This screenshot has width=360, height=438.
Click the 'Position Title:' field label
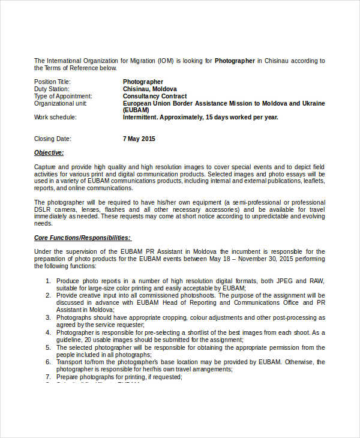click(x=52, y=82)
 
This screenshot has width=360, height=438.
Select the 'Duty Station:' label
click(x=51, y=89)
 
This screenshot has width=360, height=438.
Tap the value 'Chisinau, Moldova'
click(x=150, y=89)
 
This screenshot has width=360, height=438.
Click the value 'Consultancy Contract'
click(x=155, y=96)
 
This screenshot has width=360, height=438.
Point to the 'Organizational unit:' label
click(x=61, y=103)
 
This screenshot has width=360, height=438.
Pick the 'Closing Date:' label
click(x=53, y=139)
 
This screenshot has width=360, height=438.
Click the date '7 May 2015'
click(x=139, y=139)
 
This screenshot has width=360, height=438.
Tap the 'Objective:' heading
click(x=49, y=153)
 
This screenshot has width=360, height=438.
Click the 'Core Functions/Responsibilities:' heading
click(x=82, y=238)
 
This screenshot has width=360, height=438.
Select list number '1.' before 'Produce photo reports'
click(x=48, y=280)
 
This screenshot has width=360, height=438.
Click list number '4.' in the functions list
click(x=48, y=332)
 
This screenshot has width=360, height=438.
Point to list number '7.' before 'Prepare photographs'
click(x=48, y=377)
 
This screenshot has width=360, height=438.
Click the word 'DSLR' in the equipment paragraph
click(x=43, y=210)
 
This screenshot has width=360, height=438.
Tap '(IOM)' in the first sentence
click(x=166, y=61)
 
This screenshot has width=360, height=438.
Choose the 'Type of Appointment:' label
click(x=63, y=96)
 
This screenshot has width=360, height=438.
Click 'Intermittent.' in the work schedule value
click(x=142, y=118)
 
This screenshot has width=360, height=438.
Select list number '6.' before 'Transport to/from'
click(x=48, y=362)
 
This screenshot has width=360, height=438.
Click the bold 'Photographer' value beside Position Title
click(x=143, y=82)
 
